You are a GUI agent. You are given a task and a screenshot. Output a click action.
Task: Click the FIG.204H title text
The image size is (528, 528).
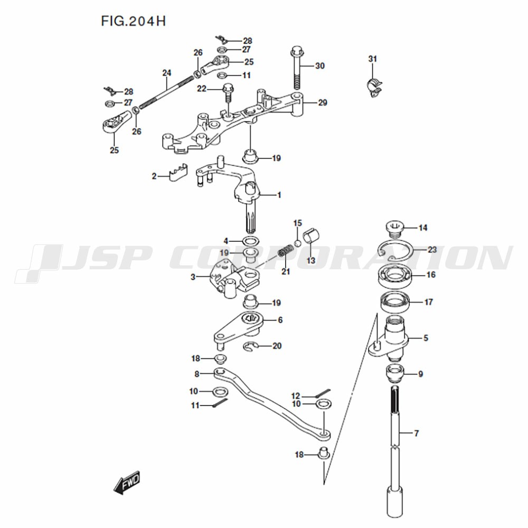(134, 21)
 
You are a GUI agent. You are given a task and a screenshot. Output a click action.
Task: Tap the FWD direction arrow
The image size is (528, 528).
(127, 482)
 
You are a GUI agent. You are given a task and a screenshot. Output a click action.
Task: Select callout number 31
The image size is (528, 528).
(372, 59)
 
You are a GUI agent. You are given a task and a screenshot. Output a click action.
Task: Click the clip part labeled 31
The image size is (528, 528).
(374, 88)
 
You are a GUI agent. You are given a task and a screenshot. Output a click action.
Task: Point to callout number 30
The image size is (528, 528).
(320, 65)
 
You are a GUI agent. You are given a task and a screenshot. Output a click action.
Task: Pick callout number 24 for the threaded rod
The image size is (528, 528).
(167, 73)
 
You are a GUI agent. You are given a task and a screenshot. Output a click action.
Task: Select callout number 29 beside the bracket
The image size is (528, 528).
(323, 102)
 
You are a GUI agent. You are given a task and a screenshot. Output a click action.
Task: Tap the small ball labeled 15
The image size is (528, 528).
(297, 243)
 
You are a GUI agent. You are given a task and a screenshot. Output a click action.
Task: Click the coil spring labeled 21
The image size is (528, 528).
(285, 251)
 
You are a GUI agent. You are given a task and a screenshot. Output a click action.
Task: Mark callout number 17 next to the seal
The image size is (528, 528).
(428, 302)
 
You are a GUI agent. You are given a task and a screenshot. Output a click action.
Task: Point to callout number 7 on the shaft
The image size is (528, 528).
(416, 433)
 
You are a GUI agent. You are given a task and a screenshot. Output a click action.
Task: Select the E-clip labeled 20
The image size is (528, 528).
(250, 346)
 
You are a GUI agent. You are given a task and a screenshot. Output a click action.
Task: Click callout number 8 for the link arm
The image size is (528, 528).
(196, 374)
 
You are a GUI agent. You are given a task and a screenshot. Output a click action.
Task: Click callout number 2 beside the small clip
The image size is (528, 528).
(154, 176)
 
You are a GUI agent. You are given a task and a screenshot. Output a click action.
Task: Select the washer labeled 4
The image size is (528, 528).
(251, 241)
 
